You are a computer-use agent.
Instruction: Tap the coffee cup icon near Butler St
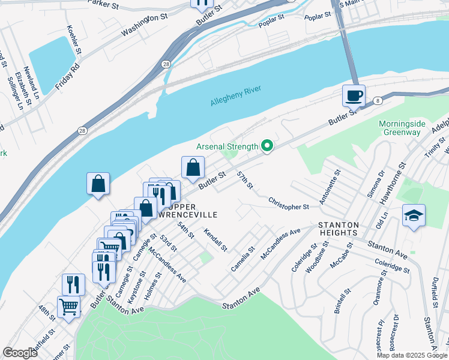coord(354,95)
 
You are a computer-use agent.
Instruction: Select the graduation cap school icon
coord(414,215)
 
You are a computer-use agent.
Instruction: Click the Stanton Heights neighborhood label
coord(338,229)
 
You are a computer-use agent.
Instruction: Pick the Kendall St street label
coord(215,240)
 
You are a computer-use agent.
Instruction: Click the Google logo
coord(20,353)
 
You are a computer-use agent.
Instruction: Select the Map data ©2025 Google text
coord(411,355)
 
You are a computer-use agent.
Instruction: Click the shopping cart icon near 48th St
coord(69,307)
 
